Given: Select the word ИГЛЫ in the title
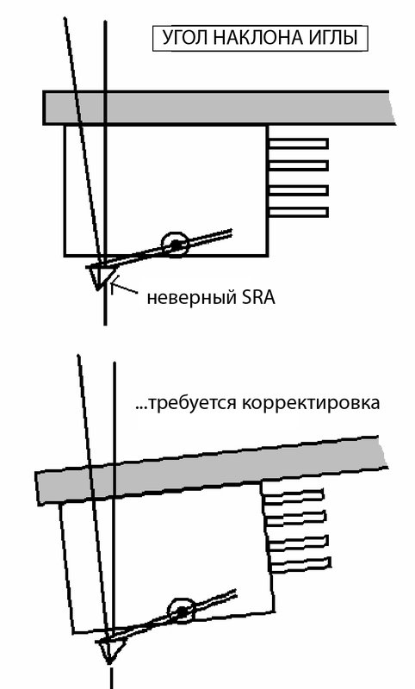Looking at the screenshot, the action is tap(334, 38).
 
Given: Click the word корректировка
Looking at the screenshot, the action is tap(311, 403).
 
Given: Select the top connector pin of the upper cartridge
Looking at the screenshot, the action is tap(298, 143).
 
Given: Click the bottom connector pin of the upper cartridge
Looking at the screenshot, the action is tap(298, 212).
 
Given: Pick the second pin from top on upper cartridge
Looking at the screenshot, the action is tap(298, 165).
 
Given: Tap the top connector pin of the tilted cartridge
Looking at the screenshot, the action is tap(294, 496).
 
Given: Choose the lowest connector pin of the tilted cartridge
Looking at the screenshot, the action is tap(300, 564).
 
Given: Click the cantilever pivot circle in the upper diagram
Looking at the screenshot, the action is tap(175, 244).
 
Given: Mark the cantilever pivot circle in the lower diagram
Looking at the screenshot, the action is tap(181, 611).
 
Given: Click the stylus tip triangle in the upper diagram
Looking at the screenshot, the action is tap(98, 276).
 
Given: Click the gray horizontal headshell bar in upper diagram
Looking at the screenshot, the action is tap(218, 108).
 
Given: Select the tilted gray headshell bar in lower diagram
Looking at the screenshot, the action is tap(212, 471).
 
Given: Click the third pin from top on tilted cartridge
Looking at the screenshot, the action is tap(298, 543).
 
